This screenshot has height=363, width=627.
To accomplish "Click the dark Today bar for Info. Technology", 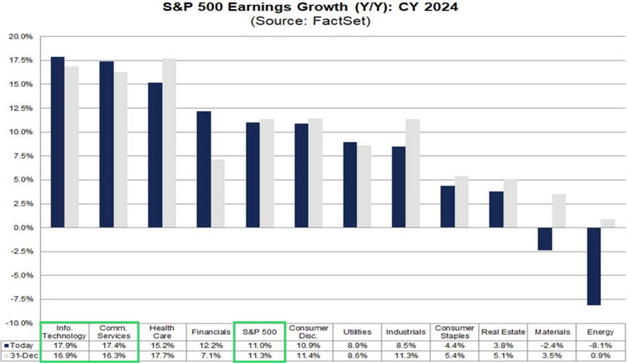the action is pos(58,142).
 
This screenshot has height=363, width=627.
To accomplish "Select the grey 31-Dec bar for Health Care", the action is pos(169,143).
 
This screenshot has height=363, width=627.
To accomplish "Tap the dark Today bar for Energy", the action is pos(594,267).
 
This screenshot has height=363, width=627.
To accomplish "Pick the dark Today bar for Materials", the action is pos(545,239).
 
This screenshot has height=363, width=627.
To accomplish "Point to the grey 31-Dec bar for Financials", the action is pos(218,194).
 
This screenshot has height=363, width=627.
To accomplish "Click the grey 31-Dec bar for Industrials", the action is pos(413,173).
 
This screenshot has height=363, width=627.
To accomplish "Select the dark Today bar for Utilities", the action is pos(350,185).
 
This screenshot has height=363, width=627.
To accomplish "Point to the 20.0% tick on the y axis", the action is pos(20,37).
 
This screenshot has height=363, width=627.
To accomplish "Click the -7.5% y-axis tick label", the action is pos(20,299).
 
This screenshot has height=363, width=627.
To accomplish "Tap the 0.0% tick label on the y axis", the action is pos(23,228).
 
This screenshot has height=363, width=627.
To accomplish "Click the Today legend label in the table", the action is pos(22,345).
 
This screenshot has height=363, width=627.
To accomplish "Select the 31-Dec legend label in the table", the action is pos(23,355).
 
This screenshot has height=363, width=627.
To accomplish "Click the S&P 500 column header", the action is pos(259,332).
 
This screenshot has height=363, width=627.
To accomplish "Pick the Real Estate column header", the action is pos(503,332).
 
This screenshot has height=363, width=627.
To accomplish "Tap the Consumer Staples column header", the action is pos(455,332).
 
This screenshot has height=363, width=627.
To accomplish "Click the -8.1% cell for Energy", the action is pos(600,345).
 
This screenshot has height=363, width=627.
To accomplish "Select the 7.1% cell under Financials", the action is pos(211,355).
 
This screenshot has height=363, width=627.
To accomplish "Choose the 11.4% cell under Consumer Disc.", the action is pos(308,355).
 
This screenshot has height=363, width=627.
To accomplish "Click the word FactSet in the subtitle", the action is pos(340,21).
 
